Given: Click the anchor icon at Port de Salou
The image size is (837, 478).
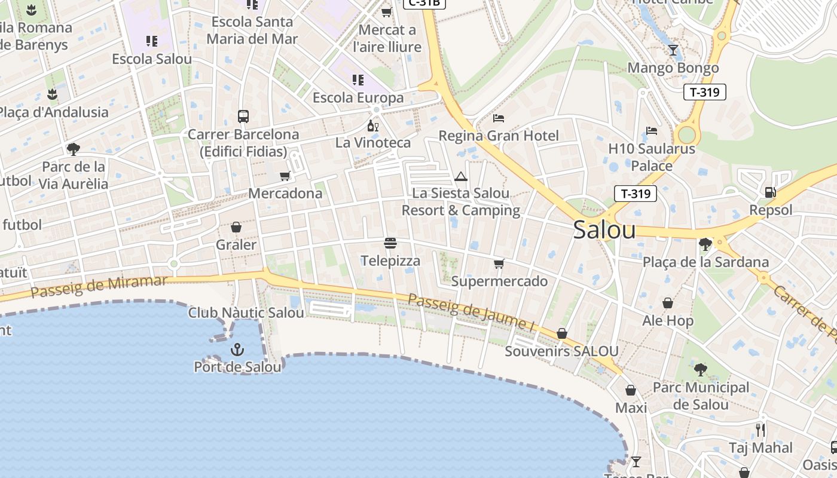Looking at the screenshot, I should tap(237, 349).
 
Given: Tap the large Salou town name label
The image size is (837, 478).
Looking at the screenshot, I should tap(604, 231).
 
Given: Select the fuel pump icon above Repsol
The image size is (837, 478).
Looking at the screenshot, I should tap(770, 192).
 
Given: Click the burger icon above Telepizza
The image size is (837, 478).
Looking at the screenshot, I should tap(390, 243).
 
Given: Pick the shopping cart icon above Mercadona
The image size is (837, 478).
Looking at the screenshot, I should tap(285, 176).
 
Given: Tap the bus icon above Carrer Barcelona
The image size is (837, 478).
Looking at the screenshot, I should tap(243, 117).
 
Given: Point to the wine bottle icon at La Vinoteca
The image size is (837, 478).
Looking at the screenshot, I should tap(373, 125).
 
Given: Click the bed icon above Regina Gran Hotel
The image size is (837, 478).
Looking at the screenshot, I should tap(499, 118).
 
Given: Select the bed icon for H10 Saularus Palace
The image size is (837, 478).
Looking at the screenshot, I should tap(652, 131).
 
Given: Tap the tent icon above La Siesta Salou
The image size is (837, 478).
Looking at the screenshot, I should tap(460, 176).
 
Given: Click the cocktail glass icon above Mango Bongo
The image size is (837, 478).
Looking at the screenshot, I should tap(673, 50).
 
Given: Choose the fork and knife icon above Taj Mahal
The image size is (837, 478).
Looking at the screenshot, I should tap(760, 430).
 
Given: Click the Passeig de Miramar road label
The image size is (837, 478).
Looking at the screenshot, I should tap(99, 286).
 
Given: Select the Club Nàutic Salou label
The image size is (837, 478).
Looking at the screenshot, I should tap(246, 312).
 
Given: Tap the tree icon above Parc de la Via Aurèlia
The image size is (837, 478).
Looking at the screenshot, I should tap(74, 149).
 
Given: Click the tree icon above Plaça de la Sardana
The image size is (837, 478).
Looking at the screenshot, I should tap(705, 244).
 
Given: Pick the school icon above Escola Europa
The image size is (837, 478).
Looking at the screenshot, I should tap(358, 79).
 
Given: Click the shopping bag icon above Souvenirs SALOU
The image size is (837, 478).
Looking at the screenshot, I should tap(561, 333).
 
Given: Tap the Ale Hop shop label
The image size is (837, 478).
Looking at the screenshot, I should tap(668, 321).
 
